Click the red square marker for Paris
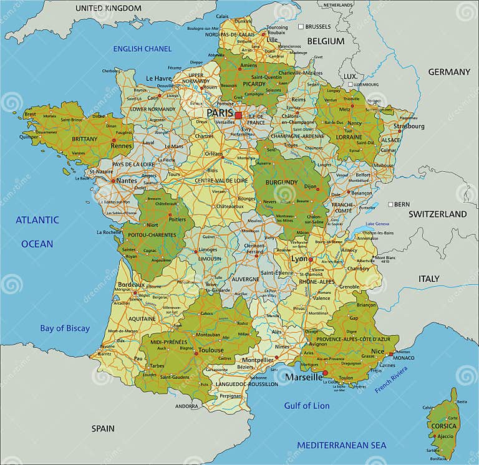(x=238, y=115)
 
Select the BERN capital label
(x=401, y=204)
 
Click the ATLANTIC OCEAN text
(x=37, y=231)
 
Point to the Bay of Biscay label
(x=65, y=328)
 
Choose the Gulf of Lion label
(x=307, y=406)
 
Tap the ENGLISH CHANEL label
(x=142, y=49)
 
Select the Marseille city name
(x=304, y=377)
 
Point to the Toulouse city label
(x=211, y=350)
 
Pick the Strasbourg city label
(x=409, y=127)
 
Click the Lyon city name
(x=299, y=259)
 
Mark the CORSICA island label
(x=443, y=426)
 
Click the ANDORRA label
(x=186, y=406)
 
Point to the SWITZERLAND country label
(x=437, y=214)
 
